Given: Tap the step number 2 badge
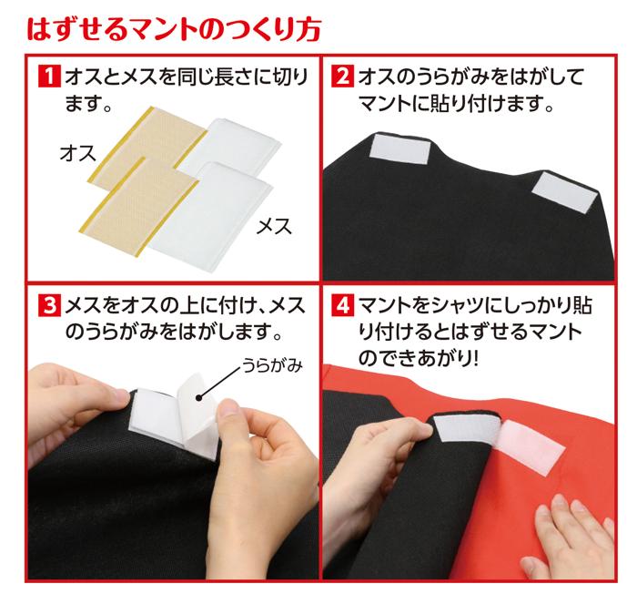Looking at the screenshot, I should click(x=344, y=75).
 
